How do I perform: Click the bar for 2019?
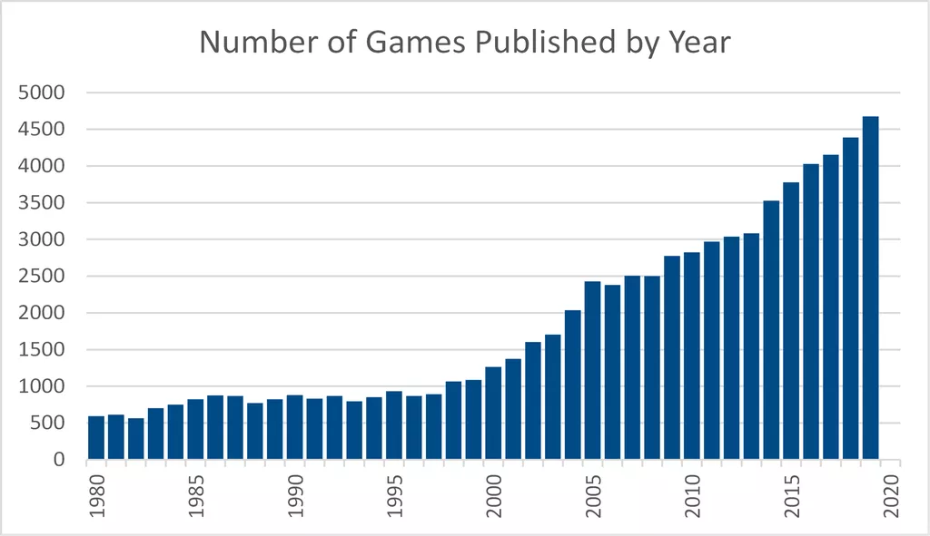(870, 287)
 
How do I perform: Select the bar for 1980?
(96, 438)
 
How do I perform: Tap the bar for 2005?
(592, 370)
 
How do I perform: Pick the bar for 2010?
(691, 356)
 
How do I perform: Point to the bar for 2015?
(791, 321)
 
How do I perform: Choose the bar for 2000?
(493, 414)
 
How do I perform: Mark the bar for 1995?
(394, 425)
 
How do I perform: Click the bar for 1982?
(136, 439)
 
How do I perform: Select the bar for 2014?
(771, 330)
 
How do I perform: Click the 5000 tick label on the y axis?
(42, 93)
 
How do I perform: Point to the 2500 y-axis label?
(42, 276)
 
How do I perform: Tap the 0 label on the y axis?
(59, 460)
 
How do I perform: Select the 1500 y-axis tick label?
(42, 349)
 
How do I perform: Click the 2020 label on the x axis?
(892, 496)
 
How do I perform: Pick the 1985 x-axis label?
(196, 496)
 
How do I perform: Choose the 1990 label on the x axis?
(295, 496)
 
